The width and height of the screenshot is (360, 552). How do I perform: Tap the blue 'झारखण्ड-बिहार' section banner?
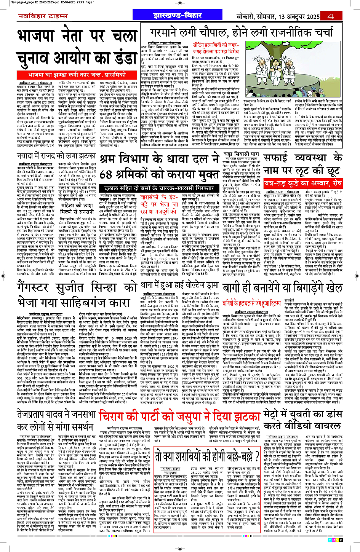pyautogui.click(x=178, y=16)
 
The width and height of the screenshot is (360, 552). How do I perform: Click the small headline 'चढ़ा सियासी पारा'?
pyautogui.click(x=242, y=154)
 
